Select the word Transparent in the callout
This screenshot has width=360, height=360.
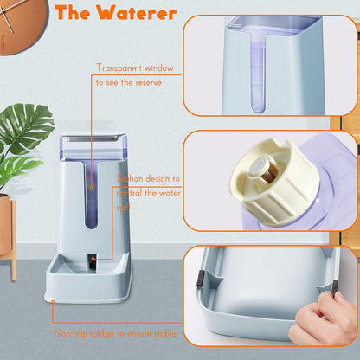point(119,67)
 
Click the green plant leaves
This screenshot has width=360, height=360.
point(22,138)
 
